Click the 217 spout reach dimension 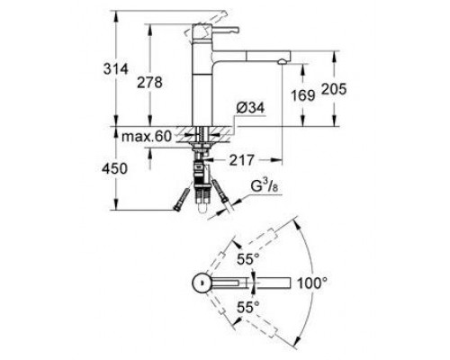(239, 161)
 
